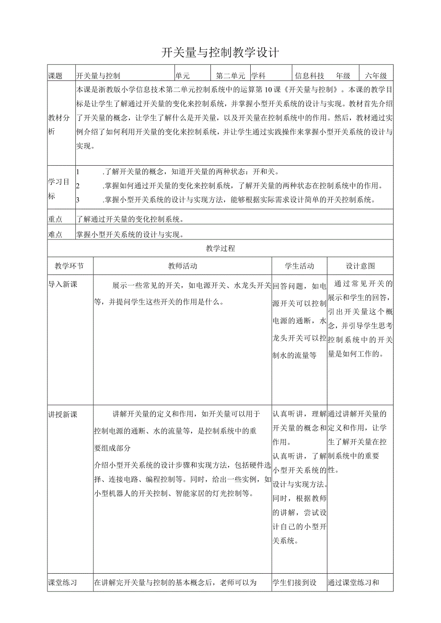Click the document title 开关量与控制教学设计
point(220,53)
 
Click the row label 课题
point(56,76)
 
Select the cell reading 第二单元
point(231,76)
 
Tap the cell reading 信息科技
point(310,76)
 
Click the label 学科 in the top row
point(258,76)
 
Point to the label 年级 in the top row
point(343,76)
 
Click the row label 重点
point(56,219)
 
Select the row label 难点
point(56,234)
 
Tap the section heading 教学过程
point(220,249)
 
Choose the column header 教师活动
point(182,266)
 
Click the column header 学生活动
point(300,266)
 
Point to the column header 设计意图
point(360,266)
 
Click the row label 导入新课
point(62,284)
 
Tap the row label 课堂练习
point(62,583)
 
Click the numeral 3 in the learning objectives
point(78,200)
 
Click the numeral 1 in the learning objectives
point(78,171)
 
